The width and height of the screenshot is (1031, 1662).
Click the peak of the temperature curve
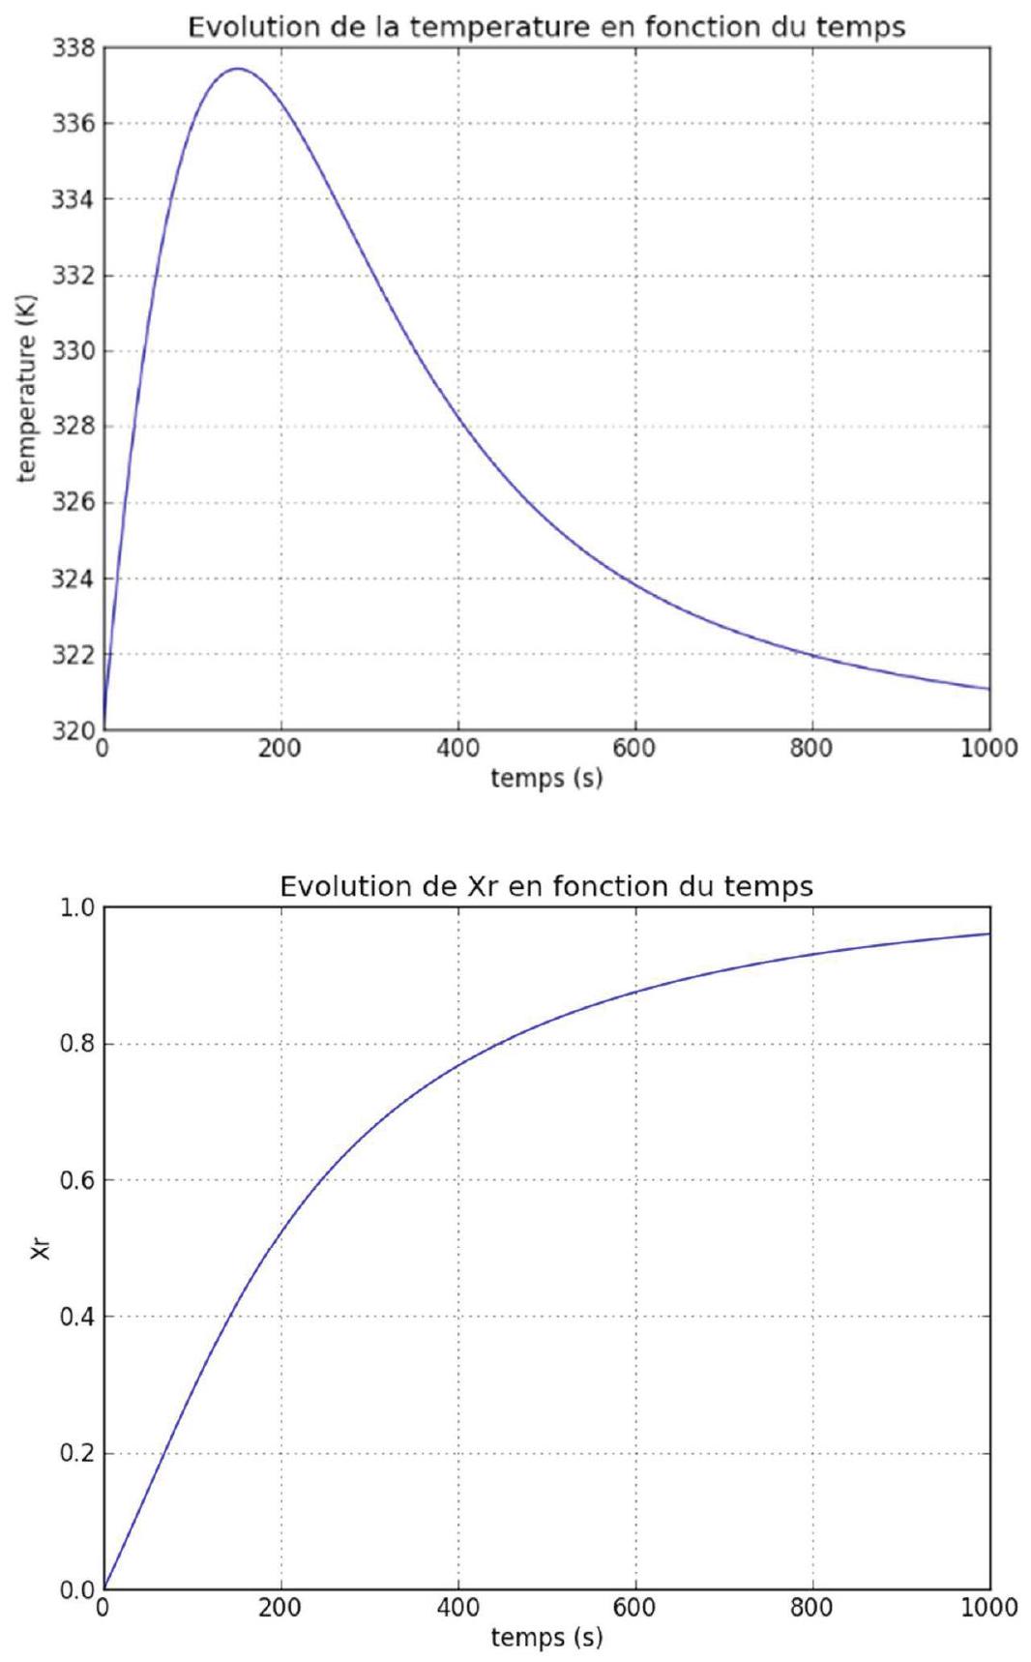pos(237,69)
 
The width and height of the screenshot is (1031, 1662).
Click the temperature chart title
pos(546,27)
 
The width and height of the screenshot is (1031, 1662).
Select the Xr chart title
pos(546,886)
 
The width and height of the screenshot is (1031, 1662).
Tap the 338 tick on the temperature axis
pos(73,47)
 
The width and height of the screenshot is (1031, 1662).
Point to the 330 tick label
pos(73,351)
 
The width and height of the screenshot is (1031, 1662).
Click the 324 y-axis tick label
pos(73,579)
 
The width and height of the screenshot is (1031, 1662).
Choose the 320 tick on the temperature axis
pos(73,730)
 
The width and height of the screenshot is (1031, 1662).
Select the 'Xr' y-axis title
pos(40,1249)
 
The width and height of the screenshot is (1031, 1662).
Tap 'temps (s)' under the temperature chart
pos(546,778)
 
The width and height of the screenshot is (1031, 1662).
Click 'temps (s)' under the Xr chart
pos(546,1637)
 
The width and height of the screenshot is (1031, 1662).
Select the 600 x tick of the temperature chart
pos(635,749)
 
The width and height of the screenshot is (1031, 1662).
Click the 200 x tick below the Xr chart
pos(280,1608)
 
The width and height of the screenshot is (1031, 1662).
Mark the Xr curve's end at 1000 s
pos(989,934)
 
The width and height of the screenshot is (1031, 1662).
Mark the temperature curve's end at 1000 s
pos(989,689)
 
